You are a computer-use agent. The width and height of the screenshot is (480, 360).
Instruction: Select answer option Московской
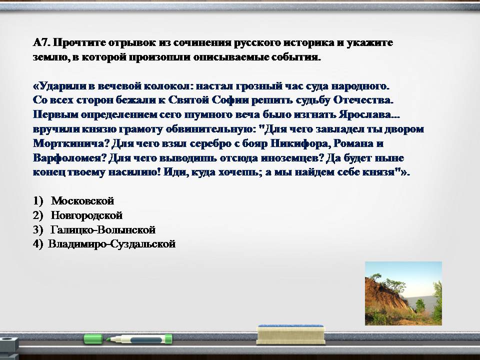click(x=82, y=201)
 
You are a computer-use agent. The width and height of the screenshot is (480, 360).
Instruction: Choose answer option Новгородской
click(x=86, y=215)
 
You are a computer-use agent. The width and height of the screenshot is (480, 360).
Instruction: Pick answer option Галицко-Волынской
click(x=103, y=229)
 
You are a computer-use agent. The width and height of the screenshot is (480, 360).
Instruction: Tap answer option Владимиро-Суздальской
click(x=111, y=244)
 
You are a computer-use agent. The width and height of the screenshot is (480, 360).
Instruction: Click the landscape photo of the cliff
click(x=403, y=293)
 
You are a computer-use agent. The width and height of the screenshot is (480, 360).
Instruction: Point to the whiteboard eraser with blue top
click(x=290, y=334)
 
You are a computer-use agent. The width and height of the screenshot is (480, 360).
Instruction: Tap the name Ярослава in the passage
click(x=365, y=114)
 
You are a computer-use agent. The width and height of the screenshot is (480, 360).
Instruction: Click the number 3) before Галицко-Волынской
click(x=38, y=229)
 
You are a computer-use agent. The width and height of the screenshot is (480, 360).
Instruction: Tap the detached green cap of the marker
click(x=93, y=339)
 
